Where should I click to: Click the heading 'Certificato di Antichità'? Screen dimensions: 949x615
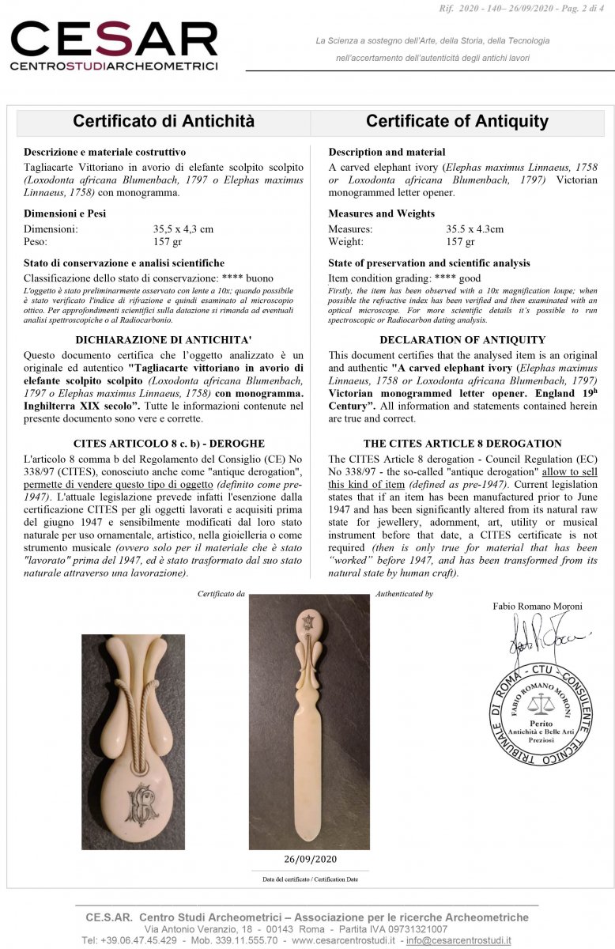[x=164, y=122]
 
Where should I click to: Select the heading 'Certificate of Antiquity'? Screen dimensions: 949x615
[x=457, y=122]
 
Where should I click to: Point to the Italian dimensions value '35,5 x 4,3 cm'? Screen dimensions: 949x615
[x=183, y=229]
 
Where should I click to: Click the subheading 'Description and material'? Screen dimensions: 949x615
[x=387, y=152]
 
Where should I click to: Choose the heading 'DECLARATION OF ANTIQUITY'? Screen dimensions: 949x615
[x=462, y=340]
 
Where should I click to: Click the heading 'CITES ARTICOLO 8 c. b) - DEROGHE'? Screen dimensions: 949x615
[x=163, y=444]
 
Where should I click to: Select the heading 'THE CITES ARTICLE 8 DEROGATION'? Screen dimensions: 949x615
[x=462, y=444]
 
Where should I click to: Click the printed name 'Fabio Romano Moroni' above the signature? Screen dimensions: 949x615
[x=538, y=607]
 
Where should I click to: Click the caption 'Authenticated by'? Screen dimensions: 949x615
[x=404, y=593]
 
